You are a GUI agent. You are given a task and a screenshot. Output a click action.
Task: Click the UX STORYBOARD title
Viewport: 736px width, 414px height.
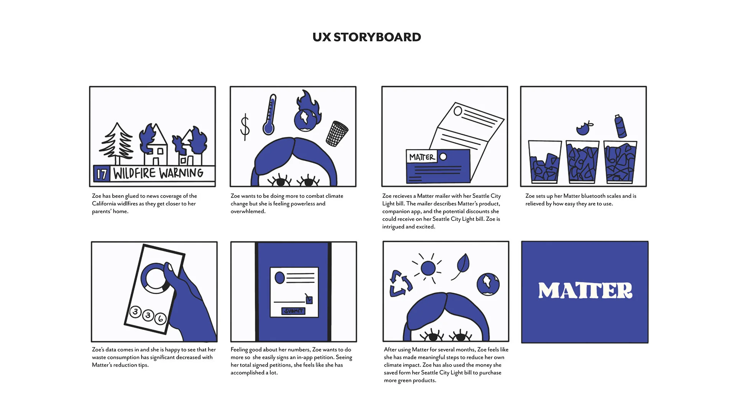pyautogui.click(x=366, y=37)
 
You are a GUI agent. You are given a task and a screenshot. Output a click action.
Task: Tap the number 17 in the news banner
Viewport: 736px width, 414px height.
pyautogui.click(x=102, y=174)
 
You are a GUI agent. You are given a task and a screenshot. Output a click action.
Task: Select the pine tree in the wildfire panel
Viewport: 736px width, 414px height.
pyautogui.click(x=117, y=142)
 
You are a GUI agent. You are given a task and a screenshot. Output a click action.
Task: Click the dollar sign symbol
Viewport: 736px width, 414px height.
pyautogui.click(x=245, y=127)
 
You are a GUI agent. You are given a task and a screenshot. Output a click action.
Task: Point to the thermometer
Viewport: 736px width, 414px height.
pyautogui.click(x=270, y=115)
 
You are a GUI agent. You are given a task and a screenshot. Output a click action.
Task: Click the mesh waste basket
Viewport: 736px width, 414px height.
pyautogui.click(x=337, y=133)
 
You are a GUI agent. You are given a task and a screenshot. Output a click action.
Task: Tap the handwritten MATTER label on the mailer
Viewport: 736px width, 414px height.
pyautogui.click(x=422, y=157)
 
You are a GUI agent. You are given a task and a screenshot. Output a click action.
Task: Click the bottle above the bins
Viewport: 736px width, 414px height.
pyautogui.click(x=620, y=126)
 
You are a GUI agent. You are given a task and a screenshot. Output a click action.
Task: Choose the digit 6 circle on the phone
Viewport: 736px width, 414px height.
pyautogui.click(x=160, y=318)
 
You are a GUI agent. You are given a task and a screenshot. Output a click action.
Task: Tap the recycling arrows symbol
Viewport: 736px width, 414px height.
pyautogui.click(x=400, y=284)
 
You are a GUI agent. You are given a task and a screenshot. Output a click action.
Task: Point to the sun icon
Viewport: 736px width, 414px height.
pyautogui.click(x=428, y=268)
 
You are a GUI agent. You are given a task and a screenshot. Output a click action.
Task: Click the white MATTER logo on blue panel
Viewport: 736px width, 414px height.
pyautogui.click(x=585, y=291)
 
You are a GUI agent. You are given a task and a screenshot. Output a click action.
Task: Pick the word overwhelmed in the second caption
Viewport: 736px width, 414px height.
pyautogui.click(x=248, y=211)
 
